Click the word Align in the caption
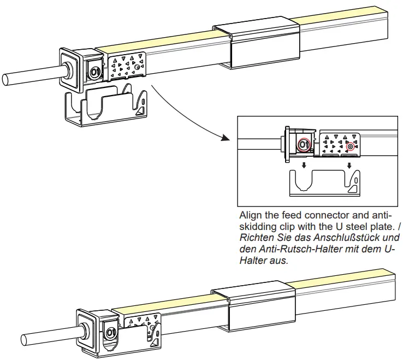(250, 216)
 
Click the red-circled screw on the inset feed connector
(304, 145)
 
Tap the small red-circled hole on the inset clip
(349, 146)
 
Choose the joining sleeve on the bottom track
(256, 310)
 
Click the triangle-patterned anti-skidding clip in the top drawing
(127, 68)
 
